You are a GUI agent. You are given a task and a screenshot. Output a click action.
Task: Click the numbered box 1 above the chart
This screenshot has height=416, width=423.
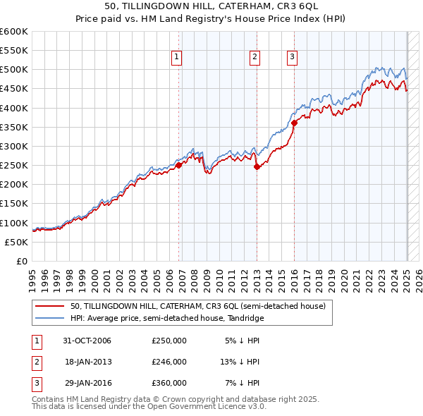click(176, 58)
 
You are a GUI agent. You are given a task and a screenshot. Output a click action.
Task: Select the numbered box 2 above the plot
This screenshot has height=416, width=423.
click(255, 58)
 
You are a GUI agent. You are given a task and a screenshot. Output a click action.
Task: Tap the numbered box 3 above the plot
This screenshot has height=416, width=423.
click(292, 58)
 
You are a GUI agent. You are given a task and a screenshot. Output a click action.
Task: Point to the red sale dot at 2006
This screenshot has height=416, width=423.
click(179, 165)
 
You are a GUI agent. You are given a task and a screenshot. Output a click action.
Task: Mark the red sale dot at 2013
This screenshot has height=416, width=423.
click(257, 166)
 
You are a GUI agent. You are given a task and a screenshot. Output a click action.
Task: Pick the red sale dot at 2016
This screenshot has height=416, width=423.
click(294, 123)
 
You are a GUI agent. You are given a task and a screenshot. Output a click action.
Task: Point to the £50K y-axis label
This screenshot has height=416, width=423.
click(17, 242)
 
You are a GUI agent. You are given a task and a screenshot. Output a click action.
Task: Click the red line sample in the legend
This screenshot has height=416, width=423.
click(49, 307)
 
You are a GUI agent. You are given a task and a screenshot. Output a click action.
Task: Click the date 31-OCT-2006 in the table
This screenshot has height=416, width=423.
click(87, 341)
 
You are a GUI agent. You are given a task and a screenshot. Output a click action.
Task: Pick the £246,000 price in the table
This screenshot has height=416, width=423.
click(169, 362)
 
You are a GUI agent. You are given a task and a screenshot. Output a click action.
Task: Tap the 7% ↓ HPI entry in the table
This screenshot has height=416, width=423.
click(242, 383)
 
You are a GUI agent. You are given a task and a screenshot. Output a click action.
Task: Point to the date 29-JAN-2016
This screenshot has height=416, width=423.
click(87, 383)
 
